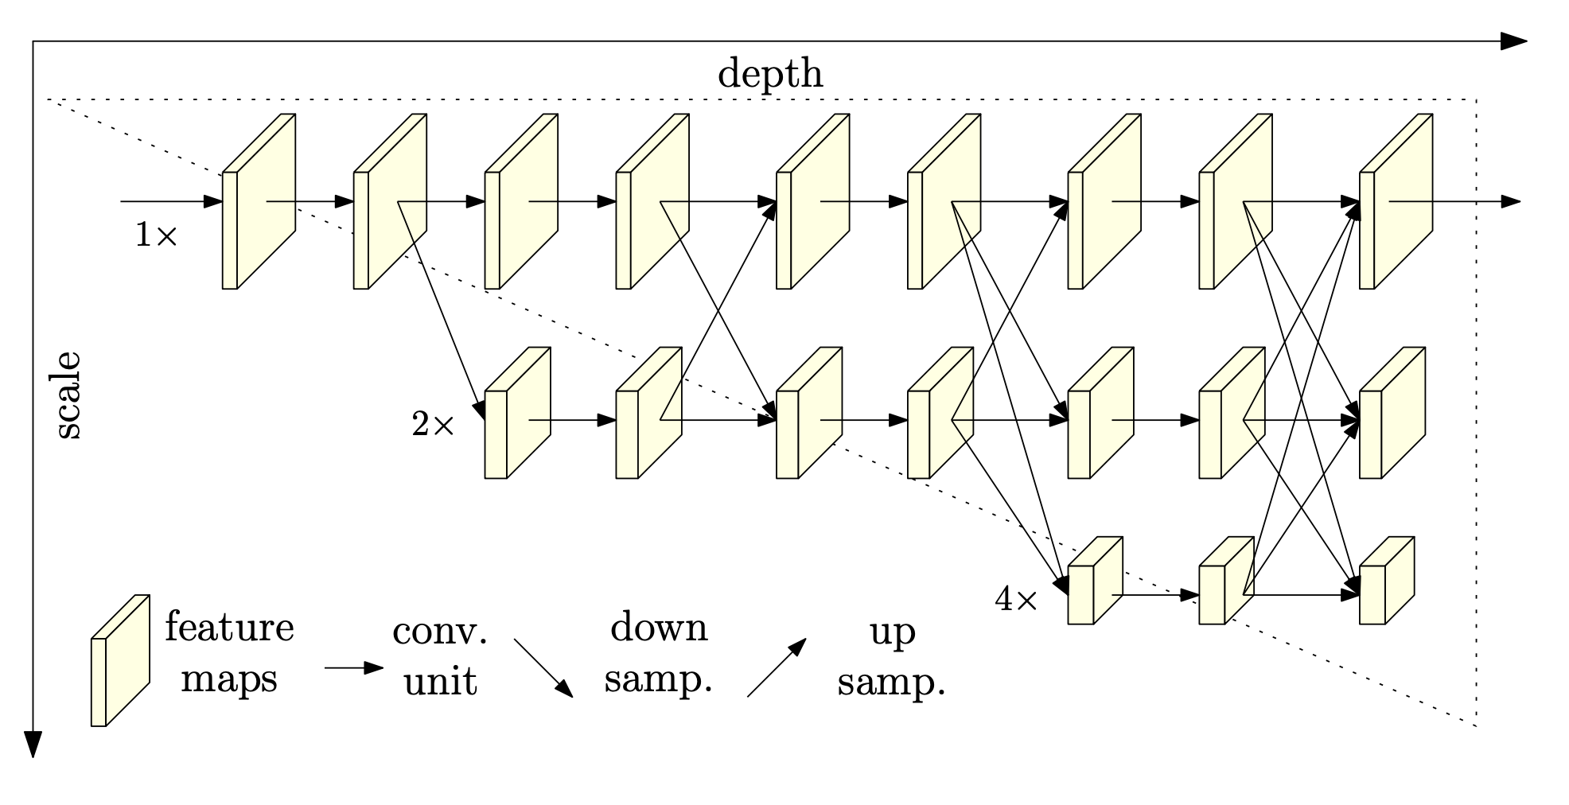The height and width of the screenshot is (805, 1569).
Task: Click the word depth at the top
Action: pos(770,75)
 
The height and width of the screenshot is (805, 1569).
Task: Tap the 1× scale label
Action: pos(156,235)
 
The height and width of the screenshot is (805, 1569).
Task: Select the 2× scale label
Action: pos(432,426)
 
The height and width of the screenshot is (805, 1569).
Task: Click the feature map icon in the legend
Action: pos(120,660)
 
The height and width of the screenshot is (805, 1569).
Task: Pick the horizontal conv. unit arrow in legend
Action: pos(354,668)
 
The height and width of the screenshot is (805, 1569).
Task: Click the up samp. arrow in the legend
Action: pos(777,667)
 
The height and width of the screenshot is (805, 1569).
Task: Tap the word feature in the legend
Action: pos(229,628)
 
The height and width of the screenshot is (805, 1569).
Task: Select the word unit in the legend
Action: pos(440,682)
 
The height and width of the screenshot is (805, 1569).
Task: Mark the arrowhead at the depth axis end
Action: pos(1513,42)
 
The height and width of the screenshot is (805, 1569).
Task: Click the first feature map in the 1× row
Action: pos(258,202)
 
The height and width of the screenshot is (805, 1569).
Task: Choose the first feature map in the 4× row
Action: pos(1095,581)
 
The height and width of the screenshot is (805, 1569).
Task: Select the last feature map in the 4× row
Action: pos(1387,581)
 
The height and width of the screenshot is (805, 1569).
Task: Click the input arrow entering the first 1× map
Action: pos(170,202)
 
